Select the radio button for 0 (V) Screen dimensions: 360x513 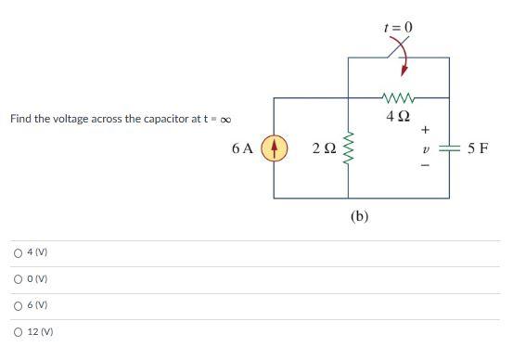click(19, 279)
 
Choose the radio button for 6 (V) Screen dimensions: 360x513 click(19, 305)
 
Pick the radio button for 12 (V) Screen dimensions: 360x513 click(19, 331)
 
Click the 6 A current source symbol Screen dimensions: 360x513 click(274, 148)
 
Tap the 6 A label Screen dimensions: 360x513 click(243, 148)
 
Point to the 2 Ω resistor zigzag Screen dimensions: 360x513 click(348, 148)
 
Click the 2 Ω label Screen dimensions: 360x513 click(325, 148)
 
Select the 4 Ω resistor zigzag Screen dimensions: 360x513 click(397, 97)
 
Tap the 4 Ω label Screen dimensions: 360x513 click(397, 117)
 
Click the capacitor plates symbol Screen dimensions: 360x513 click(450, 148)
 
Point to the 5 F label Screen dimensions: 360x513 click(478, 148)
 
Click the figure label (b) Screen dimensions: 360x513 click(360, 216)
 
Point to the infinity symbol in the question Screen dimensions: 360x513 click(225, 119)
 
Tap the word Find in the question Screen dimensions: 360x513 click(20, 119)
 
